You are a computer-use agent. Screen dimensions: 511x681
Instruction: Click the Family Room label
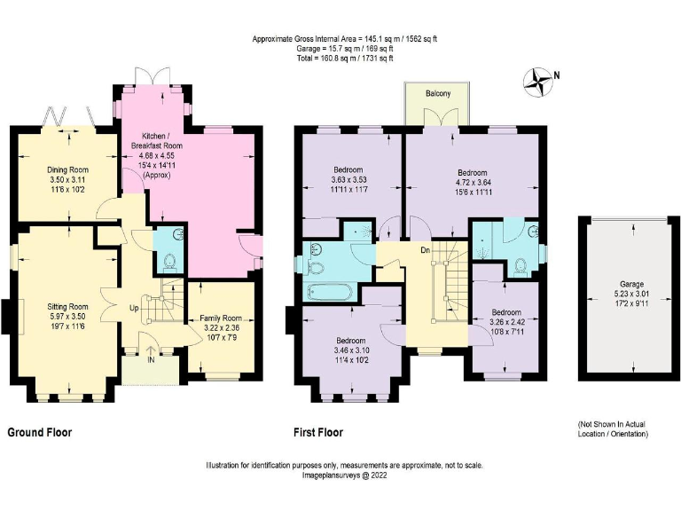[x=220, y=317]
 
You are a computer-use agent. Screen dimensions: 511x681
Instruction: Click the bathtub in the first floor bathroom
[x=327, y=292]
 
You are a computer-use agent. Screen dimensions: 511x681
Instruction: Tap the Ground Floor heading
[x=40, y=433]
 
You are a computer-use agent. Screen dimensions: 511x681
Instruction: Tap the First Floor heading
[x=318, y=433]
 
